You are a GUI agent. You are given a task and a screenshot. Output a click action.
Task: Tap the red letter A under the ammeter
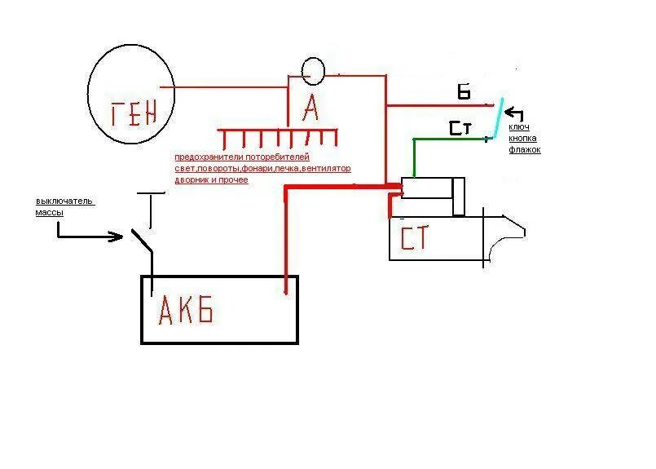(x=310, y=106)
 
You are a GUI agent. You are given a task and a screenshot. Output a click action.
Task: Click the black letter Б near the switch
(x=464, y=91)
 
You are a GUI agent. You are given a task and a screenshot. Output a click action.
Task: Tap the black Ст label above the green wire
(x=459, y=128)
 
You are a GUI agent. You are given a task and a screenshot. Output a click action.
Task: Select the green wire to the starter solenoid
(x=416, y=155)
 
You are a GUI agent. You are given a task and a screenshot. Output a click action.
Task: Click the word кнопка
(x=524, y=139)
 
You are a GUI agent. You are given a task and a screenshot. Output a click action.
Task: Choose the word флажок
(x=525, y=150)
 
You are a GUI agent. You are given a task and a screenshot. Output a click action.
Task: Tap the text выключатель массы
(x=65, y=206)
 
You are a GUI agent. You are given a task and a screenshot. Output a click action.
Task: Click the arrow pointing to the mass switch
(x=90, y=237)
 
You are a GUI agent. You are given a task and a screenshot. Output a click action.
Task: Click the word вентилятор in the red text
(x=326, y=169)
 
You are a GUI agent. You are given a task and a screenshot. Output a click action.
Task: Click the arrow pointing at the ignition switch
(x=516, y=114)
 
